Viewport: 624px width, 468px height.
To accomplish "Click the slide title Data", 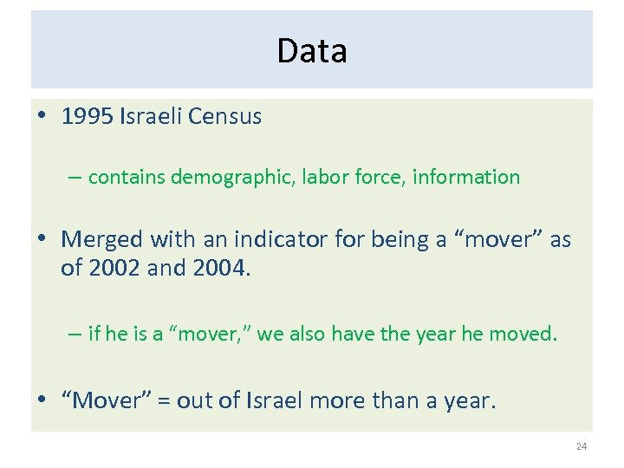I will point(312,51).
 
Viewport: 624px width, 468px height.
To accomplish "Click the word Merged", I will point(103,239).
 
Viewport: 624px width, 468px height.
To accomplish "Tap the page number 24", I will point(581,446).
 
